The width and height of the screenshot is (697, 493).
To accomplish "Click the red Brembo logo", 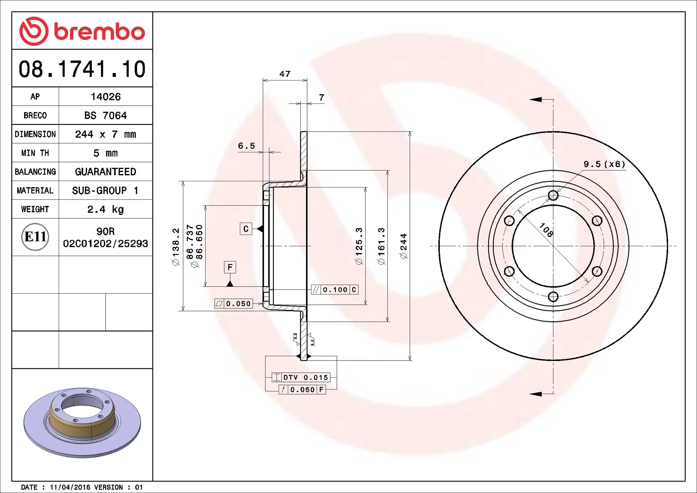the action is [x=82, y=31].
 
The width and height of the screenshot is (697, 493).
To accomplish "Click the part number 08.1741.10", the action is [x=82, y=69].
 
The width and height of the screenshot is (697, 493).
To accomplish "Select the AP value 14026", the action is [x=106, y=97].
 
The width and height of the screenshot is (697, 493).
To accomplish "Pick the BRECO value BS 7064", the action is [x=105, y=115].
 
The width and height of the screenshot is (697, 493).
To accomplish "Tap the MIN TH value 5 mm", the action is [x=105, y=153].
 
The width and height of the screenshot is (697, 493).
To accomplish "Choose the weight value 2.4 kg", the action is [x=105, y=209].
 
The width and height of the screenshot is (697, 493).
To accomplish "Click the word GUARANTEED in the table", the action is [x=105, y=172].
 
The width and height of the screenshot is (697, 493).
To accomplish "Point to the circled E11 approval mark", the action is [x=35, y=237].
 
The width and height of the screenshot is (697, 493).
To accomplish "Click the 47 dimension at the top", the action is [x=285, y=74].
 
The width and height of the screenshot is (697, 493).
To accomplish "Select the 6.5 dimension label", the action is [x=246, y=146].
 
